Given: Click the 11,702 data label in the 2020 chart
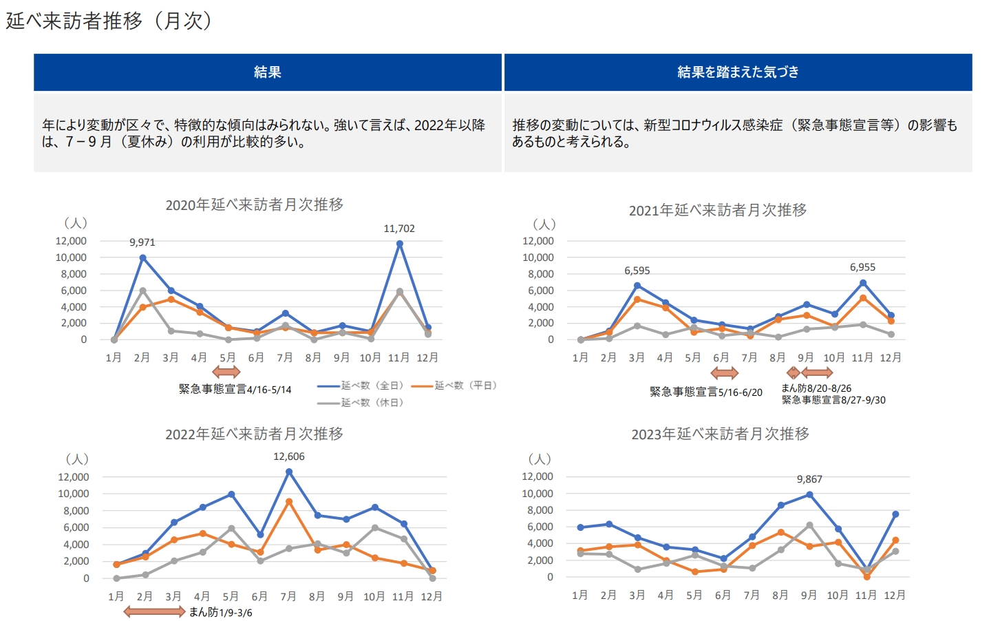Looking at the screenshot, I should (x=399, y=229).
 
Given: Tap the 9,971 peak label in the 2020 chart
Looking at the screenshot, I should (x=142, y=242).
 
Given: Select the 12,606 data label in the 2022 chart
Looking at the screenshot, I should (x=289, y=456).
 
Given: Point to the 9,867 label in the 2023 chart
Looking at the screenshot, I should (x=809, y=479).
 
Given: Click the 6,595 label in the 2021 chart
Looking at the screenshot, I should (x=637, y=271).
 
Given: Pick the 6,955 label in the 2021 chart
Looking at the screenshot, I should (x=862, y=267).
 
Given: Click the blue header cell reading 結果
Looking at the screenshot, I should (x=268, y=72).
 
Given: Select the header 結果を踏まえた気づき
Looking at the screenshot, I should (x=738, y=72).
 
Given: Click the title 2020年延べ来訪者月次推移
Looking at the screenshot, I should (x=255, y=204).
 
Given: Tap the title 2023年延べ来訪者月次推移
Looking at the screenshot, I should (x=720, y=434).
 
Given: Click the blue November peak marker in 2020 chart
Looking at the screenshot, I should (x=400, y=244).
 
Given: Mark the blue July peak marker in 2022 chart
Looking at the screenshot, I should (x=289, y=472).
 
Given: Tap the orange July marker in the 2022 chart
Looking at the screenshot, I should (x=289, y=502).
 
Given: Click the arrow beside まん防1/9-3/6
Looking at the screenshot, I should (x=154, y=611).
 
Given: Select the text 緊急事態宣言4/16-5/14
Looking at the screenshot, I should (x=235, y=390).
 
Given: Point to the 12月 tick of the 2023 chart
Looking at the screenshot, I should (x=895, y=595).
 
